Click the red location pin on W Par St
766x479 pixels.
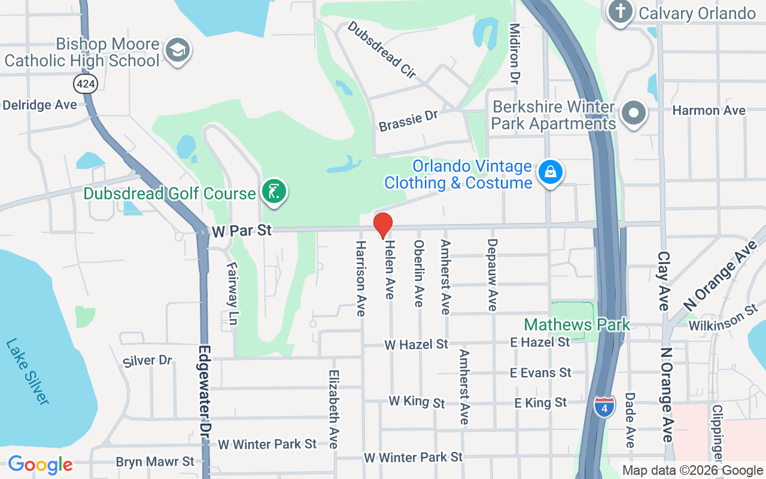coord(383,226)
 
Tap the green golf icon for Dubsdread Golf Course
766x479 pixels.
coord(273,192)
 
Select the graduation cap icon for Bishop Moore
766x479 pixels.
coord(177,50)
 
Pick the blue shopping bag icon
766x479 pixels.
coord(550,172)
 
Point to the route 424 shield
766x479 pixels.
coord(86,83)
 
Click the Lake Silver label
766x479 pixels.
coord(28,371)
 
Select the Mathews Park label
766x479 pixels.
coord(577,325)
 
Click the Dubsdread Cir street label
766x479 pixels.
coord(381,50)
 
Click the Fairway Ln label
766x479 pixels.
coord(233,293)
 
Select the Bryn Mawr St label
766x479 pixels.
coord(155,462)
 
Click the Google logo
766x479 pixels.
coord(40,465)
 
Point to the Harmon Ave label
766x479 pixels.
coord(709,110)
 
